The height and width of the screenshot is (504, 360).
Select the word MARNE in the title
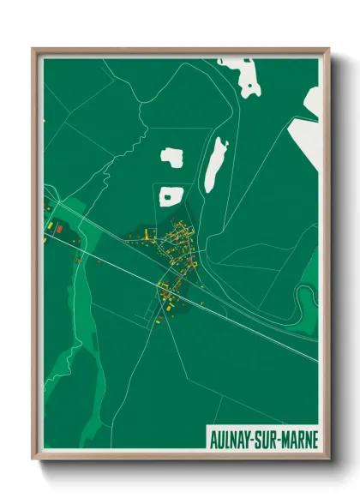tap(301, 439)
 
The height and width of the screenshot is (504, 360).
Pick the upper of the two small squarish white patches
tap(172, 158)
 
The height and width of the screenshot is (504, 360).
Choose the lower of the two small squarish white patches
tap(168, 197)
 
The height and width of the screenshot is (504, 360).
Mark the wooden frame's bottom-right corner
tap(328, 460)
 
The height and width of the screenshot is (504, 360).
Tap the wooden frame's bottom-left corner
tap(33, 460)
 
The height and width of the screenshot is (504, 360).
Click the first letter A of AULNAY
tap(213, 439)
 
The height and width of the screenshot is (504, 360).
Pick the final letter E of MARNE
tap(315, 439)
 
